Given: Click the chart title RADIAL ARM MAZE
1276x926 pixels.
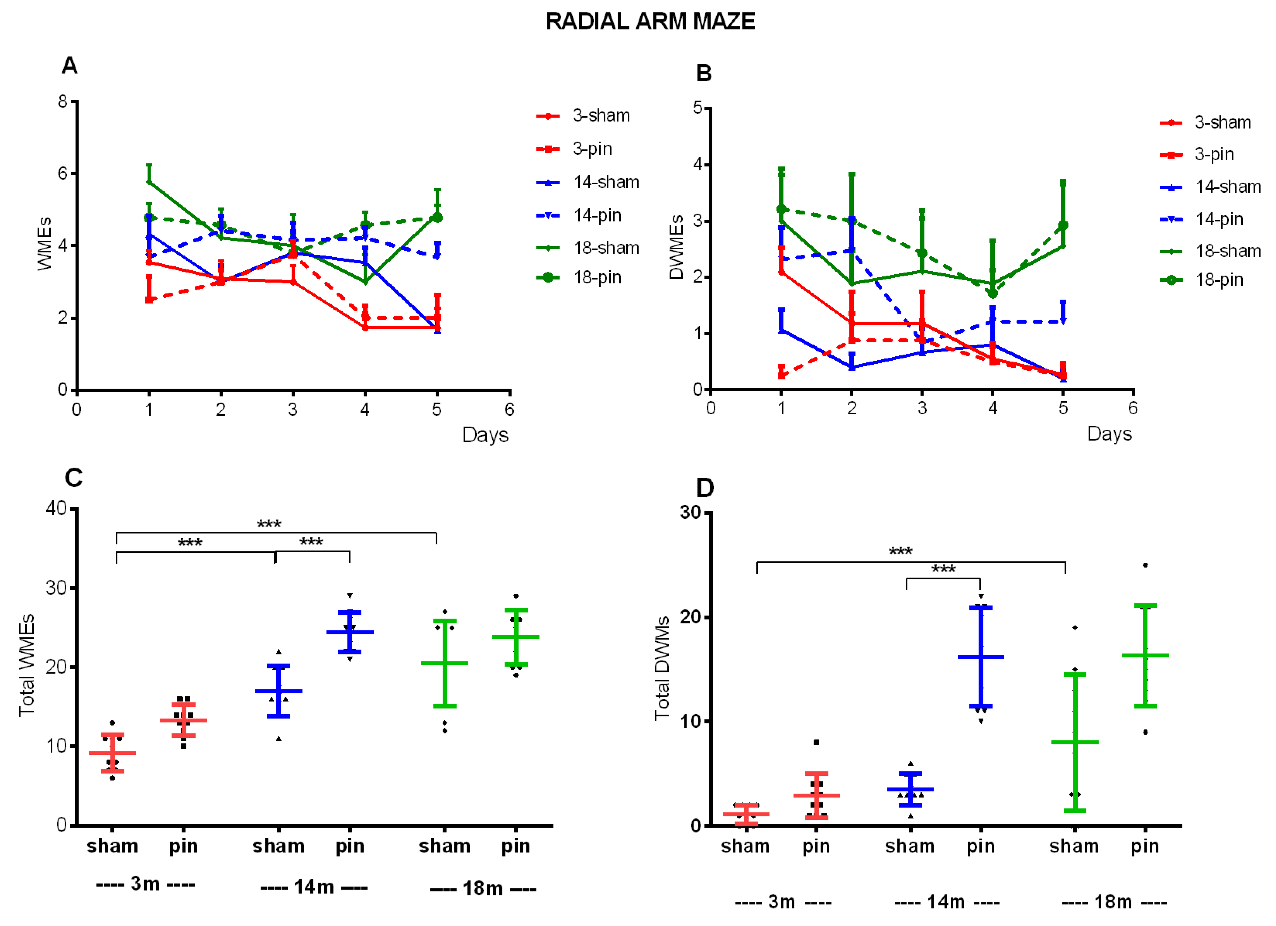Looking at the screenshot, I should coord(650,21).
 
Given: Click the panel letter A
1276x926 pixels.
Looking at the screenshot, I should coord(69,66).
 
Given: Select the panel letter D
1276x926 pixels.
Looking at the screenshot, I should coord(704,488).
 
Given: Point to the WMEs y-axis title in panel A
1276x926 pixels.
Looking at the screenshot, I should coord(45,244).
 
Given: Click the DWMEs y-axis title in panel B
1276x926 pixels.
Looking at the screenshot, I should coord(676,247).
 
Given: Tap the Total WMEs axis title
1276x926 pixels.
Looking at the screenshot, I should coord(26,665).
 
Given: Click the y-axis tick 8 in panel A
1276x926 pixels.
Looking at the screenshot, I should coord(62,101).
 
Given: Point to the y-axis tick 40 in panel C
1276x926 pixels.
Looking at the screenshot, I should coord(56,508).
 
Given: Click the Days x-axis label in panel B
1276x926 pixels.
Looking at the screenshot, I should coord(1109,434).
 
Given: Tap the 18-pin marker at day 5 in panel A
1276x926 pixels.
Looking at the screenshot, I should coord(437,218).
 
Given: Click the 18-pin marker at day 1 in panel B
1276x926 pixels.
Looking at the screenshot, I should coord(781,209).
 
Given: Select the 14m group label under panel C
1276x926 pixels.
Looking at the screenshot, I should coord(314,887).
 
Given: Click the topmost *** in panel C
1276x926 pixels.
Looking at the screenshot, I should coord(269,524).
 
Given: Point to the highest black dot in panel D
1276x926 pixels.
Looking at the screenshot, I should coord(1145,565).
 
